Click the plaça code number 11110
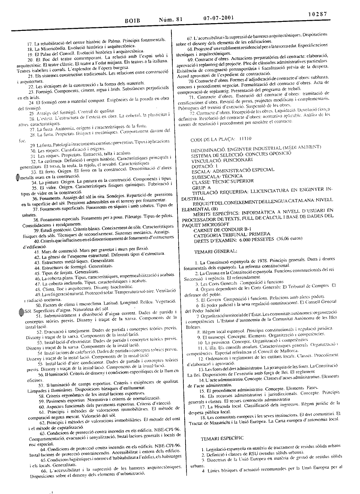246,139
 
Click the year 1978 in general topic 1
254,261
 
